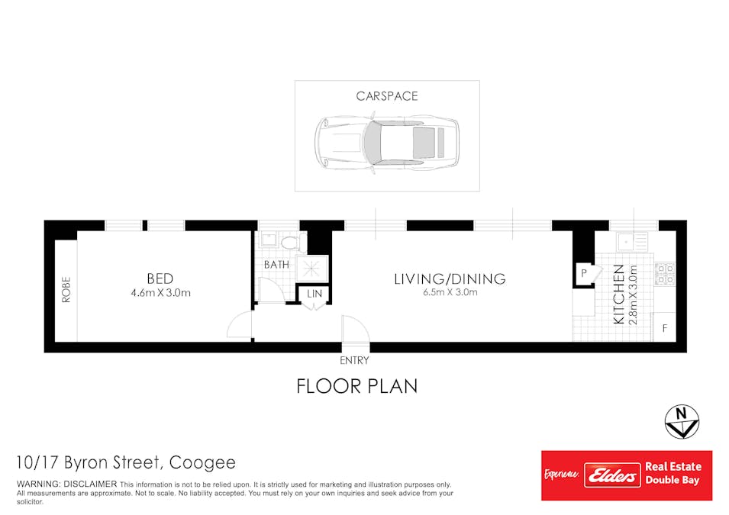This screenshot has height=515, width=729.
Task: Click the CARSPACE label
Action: tap(387, 96)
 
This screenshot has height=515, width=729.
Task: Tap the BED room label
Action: tap(160, 278)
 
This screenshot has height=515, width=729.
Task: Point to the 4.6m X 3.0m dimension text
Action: tap(160, 293)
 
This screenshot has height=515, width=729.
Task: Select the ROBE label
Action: tap(66, 290)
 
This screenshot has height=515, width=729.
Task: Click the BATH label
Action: tap(276, 265)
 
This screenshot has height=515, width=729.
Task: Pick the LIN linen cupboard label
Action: tap(314, 294)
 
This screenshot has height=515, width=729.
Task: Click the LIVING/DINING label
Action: tap(450, 278)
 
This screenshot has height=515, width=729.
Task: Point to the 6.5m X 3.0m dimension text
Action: tap(450, 292)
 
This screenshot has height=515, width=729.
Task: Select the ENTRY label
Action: tap(355, 360)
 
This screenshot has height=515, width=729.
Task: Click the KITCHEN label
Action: tap(619, 295)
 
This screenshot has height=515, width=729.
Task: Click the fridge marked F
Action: tap(665, 328)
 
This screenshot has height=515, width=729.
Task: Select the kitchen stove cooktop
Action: tap(664, 273)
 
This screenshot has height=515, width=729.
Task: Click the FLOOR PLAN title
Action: tap(356, 386)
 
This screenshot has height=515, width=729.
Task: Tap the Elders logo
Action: tap(611, 475)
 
